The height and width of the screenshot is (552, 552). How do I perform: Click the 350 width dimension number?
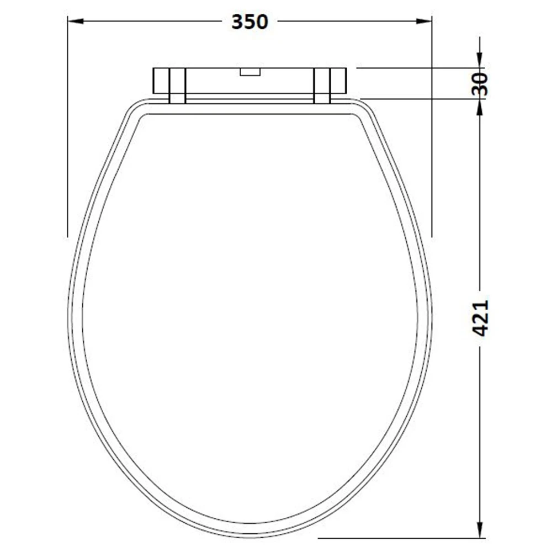coord(250,22)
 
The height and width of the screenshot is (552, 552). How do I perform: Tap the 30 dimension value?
coord(480,83)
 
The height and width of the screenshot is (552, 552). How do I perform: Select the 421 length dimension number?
coord(480,319)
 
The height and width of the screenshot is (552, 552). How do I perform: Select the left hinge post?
coord(177,85)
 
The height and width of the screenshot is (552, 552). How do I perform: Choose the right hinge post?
coord(322,85)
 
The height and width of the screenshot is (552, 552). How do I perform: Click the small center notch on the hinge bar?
coord(250,71)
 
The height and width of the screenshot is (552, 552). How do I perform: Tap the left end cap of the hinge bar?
coord(160,81)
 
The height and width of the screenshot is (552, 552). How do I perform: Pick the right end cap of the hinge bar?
coord(339,81)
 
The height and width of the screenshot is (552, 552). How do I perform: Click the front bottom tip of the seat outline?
coord(250,537)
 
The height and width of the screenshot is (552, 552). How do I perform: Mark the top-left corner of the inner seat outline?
coord(145,116)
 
